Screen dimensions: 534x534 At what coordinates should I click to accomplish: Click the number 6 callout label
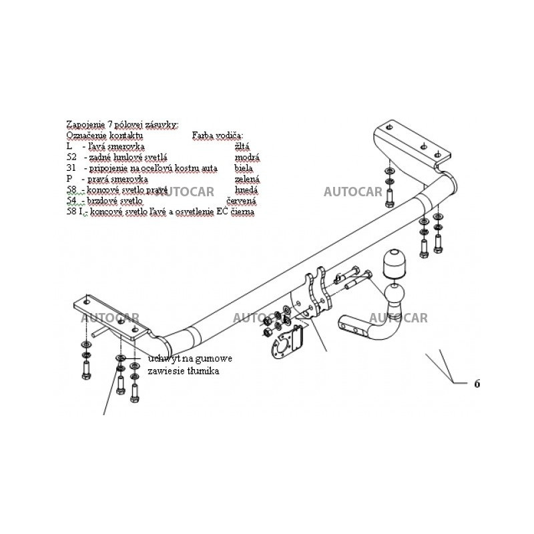point(477,384)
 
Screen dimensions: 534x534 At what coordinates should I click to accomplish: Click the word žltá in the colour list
point(244,146)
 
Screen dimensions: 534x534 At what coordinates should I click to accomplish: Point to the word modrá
point(247,157)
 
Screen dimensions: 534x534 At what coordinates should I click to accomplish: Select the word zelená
point(247,179)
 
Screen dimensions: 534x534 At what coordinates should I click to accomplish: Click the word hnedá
point(247,190)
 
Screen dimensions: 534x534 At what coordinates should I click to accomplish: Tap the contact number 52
point(72,157)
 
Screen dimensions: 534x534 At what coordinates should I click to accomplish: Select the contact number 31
point(72,168)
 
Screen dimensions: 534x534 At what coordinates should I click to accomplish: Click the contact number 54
point(72,200)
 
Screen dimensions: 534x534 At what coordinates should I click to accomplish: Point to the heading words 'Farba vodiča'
point(218,135)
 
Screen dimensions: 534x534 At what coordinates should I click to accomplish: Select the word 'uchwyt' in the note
point(162,358)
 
